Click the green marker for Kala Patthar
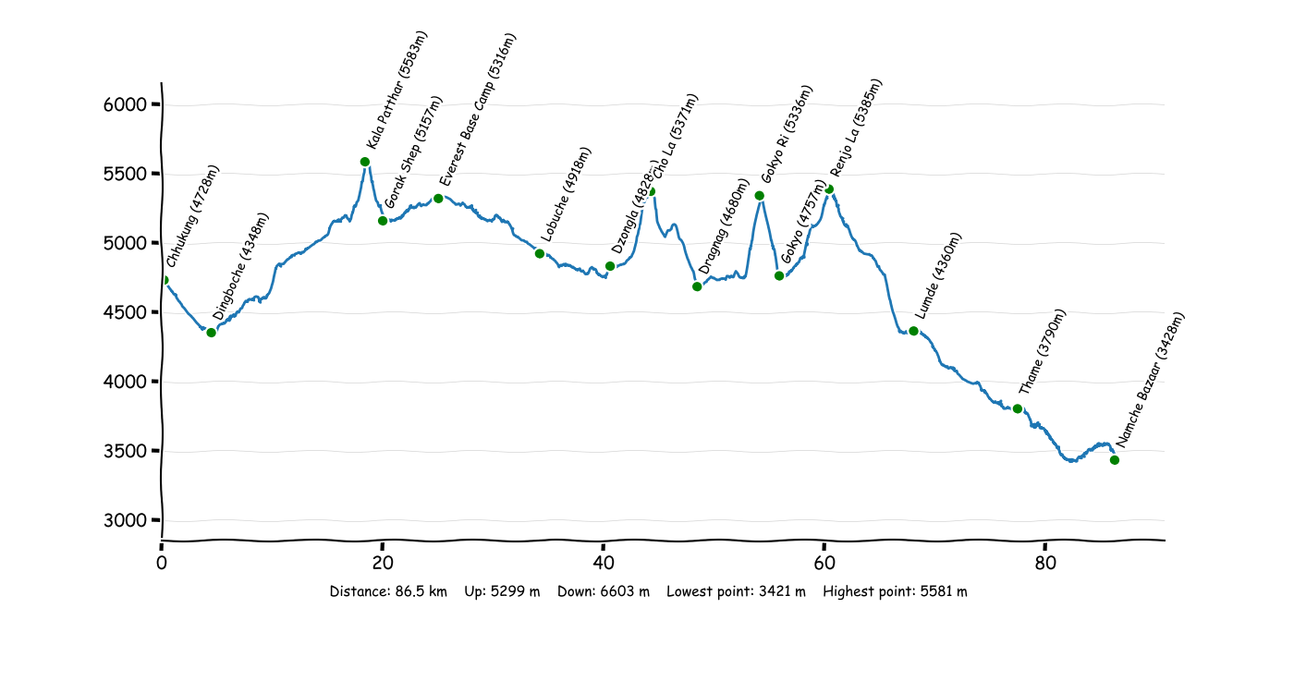[365, 162]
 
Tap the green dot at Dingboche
[212, 333]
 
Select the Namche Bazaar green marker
[1115, 460]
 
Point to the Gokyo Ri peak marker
[760, 196]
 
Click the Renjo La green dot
[829, 189]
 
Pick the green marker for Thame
[1018, 408]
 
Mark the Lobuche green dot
[540, 253]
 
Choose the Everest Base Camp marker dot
[438, 199]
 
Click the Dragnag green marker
[697, 286]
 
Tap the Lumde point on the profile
[913, 331]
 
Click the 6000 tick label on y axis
[125, 105]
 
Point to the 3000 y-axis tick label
[125, 521]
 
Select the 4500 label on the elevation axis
[125, 313]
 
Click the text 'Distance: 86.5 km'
[388, 592]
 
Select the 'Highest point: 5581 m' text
[895, 592]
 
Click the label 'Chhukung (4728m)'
[194, 217]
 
